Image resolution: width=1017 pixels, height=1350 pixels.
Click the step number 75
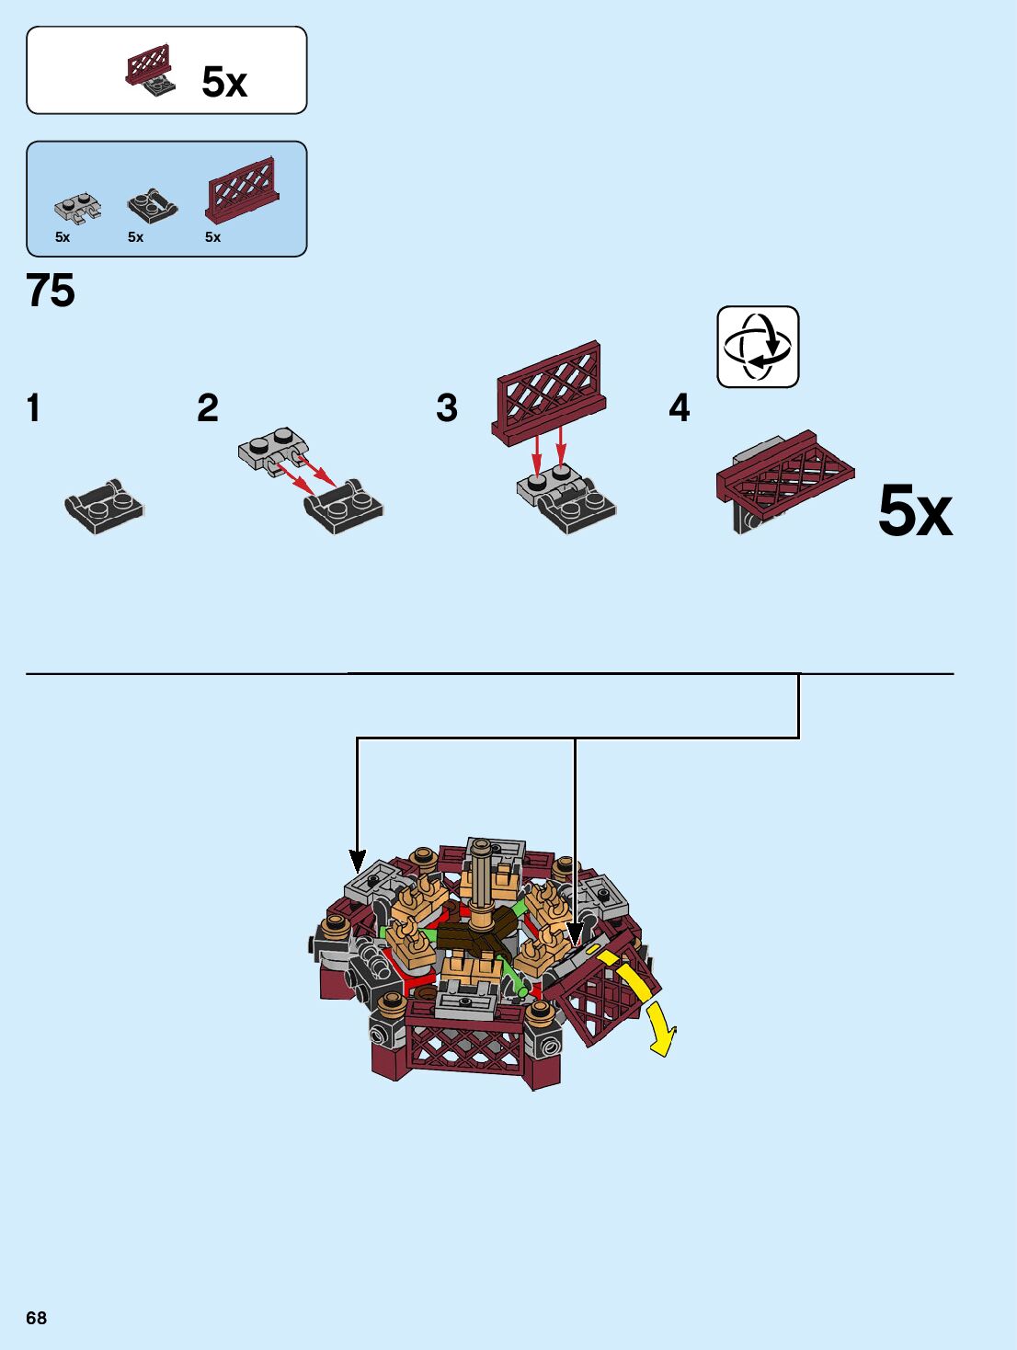(51, 291)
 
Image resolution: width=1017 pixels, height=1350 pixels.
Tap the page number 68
(36, 1318)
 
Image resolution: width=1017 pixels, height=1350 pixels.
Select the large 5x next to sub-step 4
(914, 511)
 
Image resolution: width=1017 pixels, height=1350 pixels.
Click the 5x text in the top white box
(224, 83)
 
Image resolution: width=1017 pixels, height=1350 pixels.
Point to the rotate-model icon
(758, 347)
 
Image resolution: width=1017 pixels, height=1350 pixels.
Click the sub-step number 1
(34, 408)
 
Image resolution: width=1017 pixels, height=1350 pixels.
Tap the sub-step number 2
(208, 408)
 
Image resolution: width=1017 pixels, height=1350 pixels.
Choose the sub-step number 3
(447, 408)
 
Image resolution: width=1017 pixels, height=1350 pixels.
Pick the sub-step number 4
(679, 408)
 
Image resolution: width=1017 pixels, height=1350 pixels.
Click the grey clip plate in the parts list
(77, 209)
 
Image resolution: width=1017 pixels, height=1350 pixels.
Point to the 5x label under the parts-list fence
(212, 237)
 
